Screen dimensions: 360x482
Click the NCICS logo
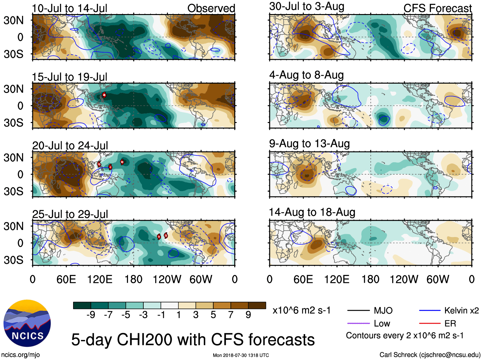click(x=27, y=323)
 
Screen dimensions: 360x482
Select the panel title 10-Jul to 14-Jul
click(x=70, y=8)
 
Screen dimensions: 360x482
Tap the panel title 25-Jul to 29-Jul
click(x=70, y=214)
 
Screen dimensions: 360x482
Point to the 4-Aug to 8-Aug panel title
click(x=306, y=75)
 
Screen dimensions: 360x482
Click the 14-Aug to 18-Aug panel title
click(x=312, y=212)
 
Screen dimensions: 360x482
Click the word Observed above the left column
click(x=211, y=8)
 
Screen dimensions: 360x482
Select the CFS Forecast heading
click(x=437, y=8)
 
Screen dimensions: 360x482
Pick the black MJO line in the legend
click(x=358, y=310)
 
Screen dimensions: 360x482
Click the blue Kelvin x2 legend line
click(x=430, y=310)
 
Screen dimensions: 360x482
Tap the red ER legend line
click(x=430, y=324)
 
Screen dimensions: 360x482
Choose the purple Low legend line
click(x=358, y=324)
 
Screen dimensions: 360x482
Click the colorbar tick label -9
click(x=91, y=315)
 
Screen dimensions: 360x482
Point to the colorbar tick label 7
click(x=230, y=315)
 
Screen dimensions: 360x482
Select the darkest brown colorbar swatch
click(x=257, y=305)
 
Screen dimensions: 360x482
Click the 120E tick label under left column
click(x=100, y=280)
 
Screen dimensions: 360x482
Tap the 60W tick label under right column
click(x=438, y=280)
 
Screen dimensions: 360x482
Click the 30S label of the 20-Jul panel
click(x=13, y=191)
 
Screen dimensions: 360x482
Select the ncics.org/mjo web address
click(x=20, y=355)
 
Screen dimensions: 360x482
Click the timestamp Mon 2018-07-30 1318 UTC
click(x=241, y=355)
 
